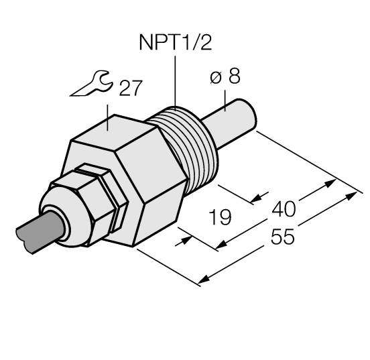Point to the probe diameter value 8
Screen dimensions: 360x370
point(234,77)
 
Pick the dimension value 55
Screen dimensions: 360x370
point(282,238)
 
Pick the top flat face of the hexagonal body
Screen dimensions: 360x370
point(127,127)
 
